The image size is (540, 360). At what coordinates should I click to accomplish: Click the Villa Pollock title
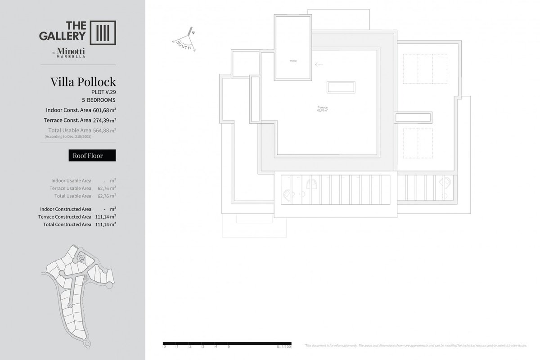click(x=83, y=82)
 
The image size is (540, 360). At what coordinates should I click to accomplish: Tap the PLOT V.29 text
click(x=103, y=92)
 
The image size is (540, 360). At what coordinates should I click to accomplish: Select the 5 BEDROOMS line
click(x=99, y=100)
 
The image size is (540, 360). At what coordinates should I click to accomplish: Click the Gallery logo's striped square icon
click(x=103, y=32)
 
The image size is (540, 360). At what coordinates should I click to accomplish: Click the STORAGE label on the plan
click(x=293, y=61)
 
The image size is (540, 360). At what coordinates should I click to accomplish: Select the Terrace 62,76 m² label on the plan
click(x=322, y=108)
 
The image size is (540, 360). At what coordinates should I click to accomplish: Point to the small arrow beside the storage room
click(x=319, y=65)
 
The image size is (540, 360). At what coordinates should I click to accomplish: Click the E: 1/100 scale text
click(x=284, y=347)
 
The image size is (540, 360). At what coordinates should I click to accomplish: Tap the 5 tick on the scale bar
click(x=229, y=347)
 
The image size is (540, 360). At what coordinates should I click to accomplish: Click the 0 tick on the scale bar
click(x=165, y=347)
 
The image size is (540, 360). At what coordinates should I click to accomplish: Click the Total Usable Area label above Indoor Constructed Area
click(x=72, y=196)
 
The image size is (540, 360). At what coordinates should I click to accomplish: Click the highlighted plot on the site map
click(x=82, y=258)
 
